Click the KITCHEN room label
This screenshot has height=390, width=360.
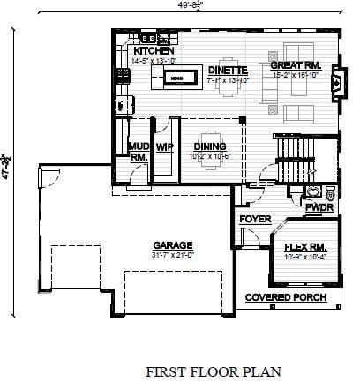coord(152,52)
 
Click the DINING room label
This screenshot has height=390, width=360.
coord(210,146)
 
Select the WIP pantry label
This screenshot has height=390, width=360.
coord(165,146)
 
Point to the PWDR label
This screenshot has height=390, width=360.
coord(317,207)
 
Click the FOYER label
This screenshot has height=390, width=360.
coord(254,220)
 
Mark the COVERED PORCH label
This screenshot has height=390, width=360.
coord(285,297)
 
